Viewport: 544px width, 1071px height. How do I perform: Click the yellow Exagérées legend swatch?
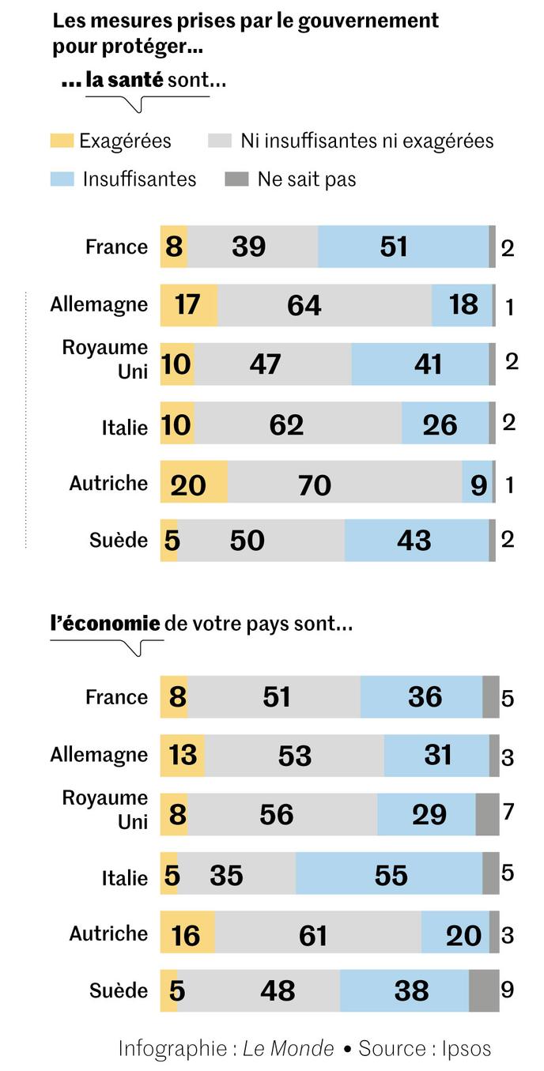click(x=62, y=141)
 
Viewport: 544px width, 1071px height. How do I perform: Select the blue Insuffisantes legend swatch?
click(x=62, y=179)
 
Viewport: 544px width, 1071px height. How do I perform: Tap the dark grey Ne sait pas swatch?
click(x=236, y=179)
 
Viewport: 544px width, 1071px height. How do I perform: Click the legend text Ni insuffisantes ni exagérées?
click(x=367, y=141)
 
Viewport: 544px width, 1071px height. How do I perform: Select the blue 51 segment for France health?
click(x=402, y=247)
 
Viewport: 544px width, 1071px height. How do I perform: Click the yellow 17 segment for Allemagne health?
click(x=188, y=304)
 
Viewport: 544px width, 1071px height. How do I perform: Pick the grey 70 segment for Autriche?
click(x=344, y=484)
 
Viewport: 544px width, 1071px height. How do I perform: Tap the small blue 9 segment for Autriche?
click(x=477, y=484)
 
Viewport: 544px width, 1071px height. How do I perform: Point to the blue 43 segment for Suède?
click(x=416, y=541)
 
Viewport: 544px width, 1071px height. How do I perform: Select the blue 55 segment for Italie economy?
click(x=388, y=874)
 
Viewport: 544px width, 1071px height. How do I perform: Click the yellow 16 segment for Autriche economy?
click(x=187, y=933)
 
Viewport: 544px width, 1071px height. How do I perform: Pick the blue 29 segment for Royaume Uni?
click(x=425, y=814)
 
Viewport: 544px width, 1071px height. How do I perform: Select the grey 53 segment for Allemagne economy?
click(x=294, y=756)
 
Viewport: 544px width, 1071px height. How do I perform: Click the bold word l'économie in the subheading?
click(x=105, y=624)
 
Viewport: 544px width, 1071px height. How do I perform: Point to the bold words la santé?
click(x=124, y=80)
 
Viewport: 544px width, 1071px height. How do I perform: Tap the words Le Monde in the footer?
click(x=288, y=1048)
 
